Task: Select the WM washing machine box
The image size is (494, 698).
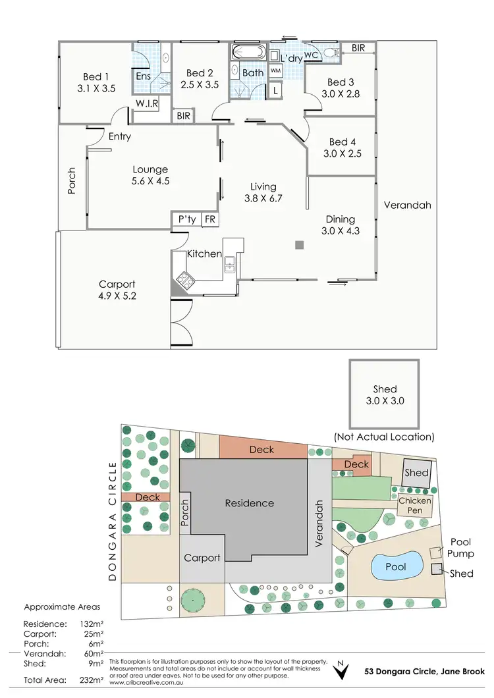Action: point(275,71)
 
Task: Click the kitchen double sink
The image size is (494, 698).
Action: point(230,265)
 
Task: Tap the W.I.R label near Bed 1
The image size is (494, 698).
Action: point(146,105)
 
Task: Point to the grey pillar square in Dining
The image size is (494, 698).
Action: point(299,245)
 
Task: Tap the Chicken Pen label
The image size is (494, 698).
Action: point(415,506)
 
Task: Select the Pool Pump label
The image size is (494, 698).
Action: point(461,548)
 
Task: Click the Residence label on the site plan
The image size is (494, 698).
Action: point(249,503)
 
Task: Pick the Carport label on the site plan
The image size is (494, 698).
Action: point(202,558)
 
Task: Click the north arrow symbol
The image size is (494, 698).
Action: point(341,669)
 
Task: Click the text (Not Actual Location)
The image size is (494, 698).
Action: point(383,437)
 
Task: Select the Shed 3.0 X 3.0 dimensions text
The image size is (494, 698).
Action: point(384,400)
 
